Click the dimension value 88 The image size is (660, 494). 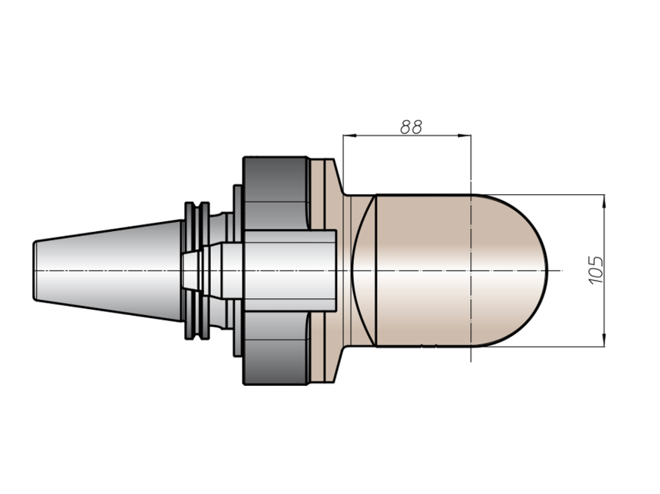(x=411, y=127)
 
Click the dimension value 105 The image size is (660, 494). (x=596, y=270)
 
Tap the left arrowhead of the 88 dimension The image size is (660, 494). (x=350, y=135)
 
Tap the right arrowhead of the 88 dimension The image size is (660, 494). (x=464, y=135)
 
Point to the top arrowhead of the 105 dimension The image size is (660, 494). (x=605, y=202)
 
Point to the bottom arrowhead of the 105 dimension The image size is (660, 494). (x=605, y=340)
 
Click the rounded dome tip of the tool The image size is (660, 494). (x=547, y=270)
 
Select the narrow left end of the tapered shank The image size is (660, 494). (x=36, y=270)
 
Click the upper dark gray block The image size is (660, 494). (x=276, y=193)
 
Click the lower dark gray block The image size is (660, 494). (x=276, y=348)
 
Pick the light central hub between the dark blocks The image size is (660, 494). (x=290, y=270)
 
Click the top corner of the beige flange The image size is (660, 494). (x=334, y=159)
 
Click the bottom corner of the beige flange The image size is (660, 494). (x=334, y=382)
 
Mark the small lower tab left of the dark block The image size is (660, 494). (x=238, y=334)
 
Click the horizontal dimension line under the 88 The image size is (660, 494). (x=407, y=135)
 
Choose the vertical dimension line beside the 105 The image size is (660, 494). (x=605, y=270)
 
